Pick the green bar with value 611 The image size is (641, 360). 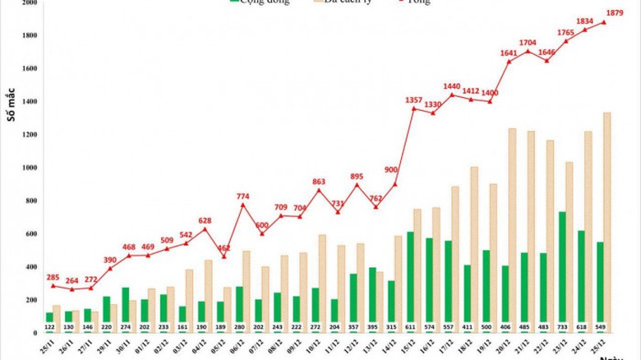[411, 276]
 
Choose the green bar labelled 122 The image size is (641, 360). [49, 316]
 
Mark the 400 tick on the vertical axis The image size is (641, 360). [30, 266]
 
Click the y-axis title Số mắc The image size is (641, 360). [12, 104]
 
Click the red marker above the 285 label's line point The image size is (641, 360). [53, 285]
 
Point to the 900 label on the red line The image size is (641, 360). [391, 169]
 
